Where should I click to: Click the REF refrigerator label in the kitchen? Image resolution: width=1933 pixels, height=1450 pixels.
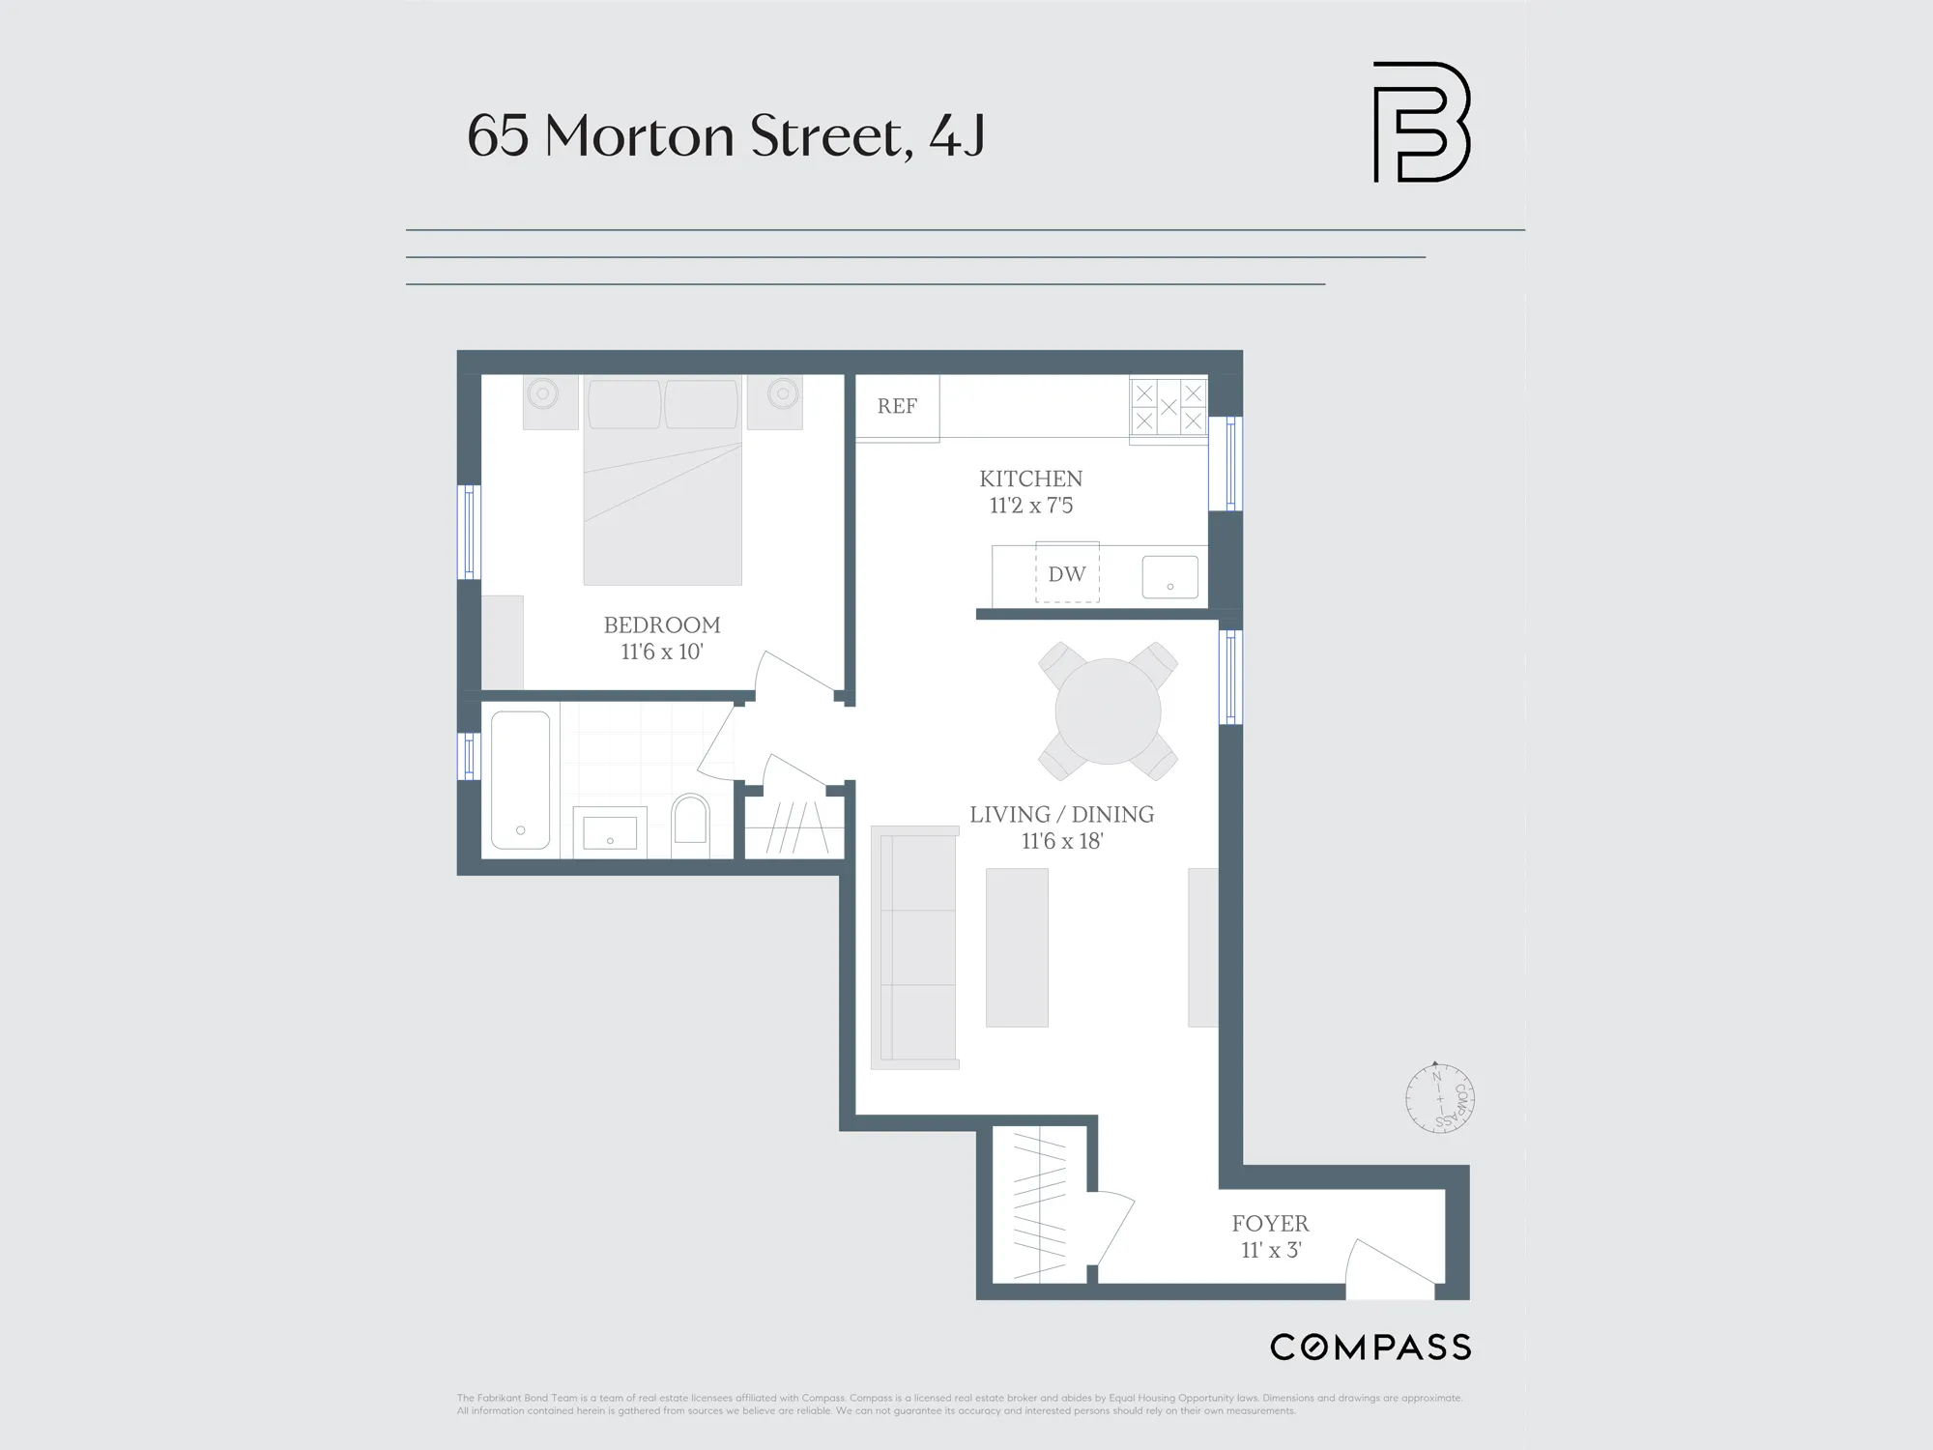coord(897,407)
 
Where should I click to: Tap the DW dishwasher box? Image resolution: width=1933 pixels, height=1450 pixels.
coord(1067,574)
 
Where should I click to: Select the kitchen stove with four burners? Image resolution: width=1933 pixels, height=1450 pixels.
coord(1168,407)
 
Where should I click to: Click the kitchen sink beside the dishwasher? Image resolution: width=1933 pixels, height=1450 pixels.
coord(1169,577)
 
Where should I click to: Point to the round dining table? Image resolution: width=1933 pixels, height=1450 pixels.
coord(1108,711)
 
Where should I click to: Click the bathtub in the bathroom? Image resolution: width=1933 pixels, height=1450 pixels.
coord(520,779)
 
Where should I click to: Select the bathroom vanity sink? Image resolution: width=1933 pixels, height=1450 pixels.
coord(610,832)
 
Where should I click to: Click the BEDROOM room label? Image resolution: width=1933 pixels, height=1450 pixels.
coord(662,625)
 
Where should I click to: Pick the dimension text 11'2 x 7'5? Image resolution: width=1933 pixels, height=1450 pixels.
coord(1030,506)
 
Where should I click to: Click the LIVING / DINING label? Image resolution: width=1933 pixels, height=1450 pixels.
coord(1061,815)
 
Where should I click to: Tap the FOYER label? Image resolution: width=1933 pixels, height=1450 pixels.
coord(1270,1224)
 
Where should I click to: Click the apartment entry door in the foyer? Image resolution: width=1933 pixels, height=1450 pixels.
coord(1390,1268)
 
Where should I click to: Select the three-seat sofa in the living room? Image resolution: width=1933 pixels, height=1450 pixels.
coord(914,947)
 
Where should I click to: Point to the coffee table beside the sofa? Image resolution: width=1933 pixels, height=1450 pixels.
coord(1017,947)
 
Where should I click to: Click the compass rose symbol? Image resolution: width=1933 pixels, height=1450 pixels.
coord(1439,1098)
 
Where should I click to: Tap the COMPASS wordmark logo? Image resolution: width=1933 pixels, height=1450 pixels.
coord(1370,1347)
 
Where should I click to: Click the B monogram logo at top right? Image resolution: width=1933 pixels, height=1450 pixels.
coord(1421,123)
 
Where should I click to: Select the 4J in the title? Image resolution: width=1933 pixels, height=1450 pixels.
coord(957,135)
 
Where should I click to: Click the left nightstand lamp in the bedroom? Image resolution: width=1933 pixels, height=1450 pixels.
coord(544,393)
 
